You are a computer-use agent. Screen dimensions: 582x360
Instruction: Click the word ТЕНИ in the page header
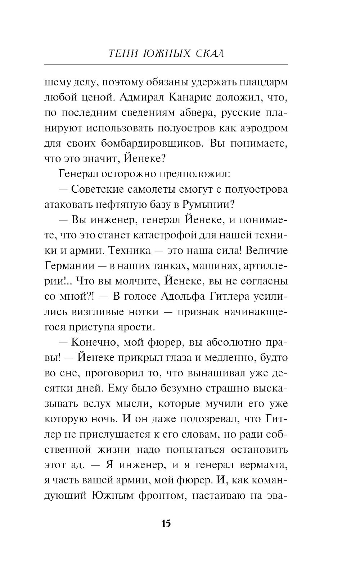coord(121,54)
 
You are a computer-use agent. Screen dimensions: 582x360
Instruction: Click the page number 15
coord(166,523)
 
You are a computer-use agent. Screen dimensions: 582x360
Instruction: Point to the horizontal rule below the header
coord(166,64)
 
